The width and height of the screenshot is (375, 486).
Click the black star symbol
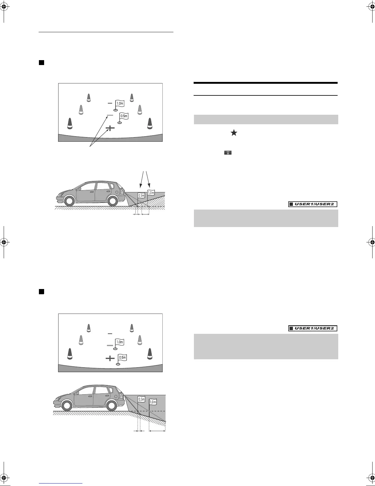pyautogui.click(x=234, y=133)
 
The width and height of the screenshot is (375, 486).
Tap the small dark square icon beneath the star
pyautogui.click(x=228, y=152)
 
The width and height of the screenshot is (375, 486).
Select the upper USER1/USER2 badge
pyautogui.click(x=313, y=204)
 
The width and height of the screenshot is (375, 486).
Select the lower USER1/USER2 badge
pyautogui.click(x=313, y=329)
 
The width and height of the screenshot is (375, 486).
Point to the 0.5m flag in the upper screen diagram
pyautogui.click(x=124, y=116)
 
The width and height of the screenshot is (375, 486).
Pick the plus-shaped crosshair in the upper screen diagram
pyautogui.click(x=110, y=128)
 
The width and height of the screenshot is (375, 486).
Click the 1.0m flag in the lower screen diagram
pyautogui.click(x=119, y=342)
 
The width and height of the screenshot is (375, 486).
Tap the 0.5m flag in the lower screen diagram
pyautogui.click(x=122, y=357)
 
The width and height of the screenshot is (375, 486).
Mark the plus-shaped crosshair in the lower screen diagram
pyautogui.click(x=110, y=358)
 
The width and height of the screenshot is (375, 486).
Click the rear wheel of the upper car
pyautogui.click(x=113, y=201)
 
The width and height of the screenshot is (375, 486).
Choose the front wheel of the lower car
pyautogui.click(x=66, y=406)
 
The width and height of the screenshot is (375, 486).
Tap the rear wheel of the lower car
pyautogui.click(x=111, y=406)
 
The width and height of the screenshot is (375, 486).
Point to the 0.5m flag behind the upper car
pyautogui.click(x=141, y=195)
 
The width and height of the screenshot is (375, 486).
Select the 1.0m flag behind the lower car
pyautogui.click(x=153, y=402)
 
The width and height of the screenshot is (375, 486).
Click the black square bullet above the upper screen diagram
pyautogui.click(x=41, y=63)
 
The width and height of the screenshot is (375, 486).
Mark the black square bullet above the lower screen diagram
pyautogui.click(x=41, y=291)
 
